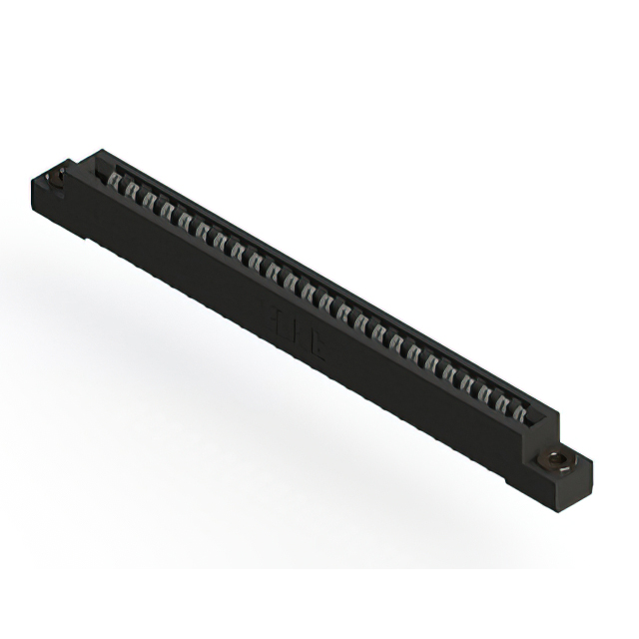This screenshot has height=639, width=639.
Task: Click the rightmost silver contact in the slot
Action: pos(519,409)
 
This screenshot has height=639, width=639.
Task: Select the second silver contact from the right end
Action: pos(502,399)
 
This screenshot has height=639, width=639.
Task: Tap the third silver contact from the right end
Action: pos(484,389)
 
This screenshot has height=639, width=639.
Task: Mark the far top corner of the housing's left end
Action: pos(99,152)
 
